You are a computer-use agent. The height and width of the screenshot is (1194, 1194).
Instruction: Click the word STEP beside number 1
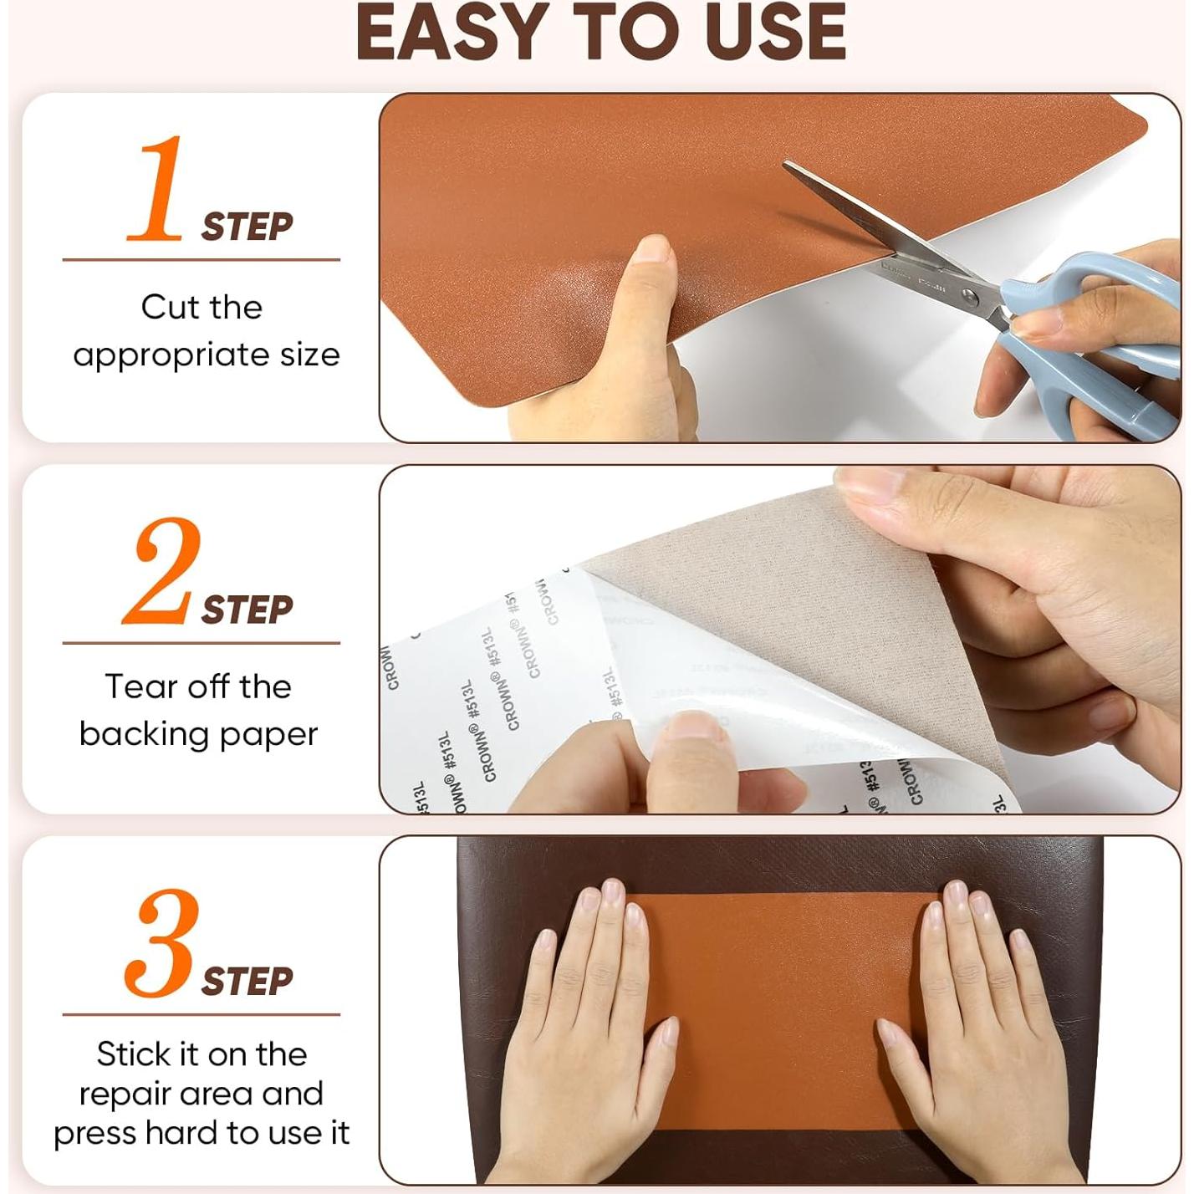tap(247, 227)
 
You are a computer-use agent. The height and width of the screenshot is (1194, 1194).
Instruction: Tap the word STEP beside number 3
tap(247, 982)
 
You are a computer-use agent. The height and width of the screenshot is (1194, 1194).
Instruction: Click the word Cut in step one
tap(167, 307)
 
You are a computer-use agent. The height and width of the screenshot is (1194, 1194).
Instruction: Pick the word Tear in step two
tap(135, 686)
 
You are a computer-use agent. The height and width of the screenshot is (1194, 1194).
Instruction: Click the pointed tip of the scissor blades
tap(786, 165)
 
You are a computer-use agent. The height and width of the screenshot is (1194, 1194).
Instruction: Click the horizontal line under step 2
tap(201, 643)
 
